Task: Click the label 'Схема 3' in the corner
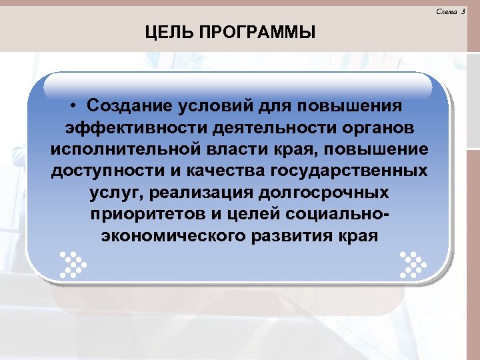pyautogui.click(x=451, y=12)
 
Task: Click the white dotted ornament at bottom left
pyautogui.click(x=72, y=264)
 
